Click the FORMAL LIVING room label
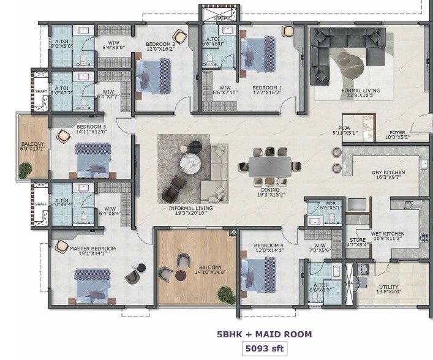360,91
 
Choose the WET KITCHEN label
387,233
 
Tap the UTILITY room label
389,287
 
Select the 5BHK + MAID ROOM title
264,334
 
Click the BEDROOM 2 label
160,44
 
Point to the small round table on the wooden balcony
181,276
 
